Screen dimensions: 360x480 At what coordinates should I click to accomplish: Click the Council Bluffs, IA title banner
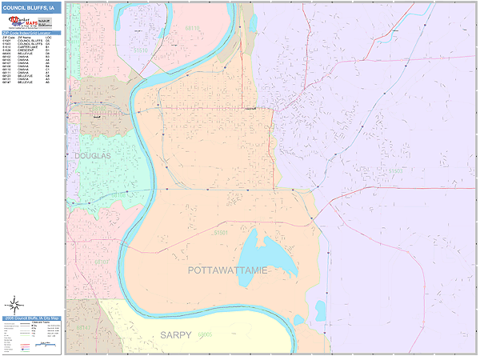click(31, 7)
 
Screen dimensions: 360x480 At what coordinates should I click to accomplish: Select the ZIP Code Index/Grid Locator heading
click(31, 33)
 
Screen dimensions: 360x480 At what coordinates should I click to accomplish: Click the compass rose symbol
click(14, 304)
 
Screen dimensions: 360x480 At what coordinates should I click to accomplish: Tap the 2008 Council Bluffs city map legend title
click(31, 318)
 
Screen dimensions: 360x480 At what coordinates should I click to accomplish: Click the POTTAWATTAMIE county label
click(227, 270)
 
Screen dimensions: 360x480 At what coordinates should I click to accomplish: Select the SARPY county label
click(175, 334)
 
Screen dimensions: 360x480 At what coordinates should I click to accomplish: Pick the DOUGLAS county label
click(91, 154)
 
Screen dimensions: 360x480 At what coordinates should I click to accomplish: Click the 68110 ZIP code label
click(193, 28)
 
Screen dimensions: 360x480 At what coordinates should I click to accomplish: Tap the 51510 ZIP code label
click(141, 50)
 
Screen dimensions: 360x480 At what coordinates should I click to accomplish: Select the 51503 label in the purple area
click(396, 170)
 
